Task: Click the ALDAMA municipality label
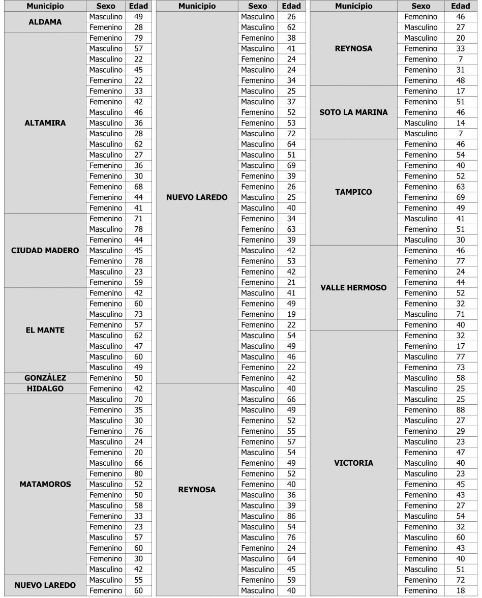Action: click(45, 22)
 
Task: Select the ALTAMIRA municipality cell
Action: click(45, 123)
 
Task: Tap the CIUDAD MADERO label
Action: click(45, 251)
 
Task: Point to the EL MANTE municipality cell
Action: click(45, 330)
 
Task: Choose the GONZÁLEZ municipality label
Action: click(45, 378)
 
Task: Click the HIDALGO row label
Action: click(45, 388)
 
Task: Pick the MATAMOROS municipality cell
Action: click(45, 484)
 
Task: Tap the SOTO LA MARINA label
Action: click(353, 112)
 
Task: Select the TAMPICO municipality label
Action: click(353, 192)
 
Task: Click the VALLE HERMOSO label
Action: click(353, 288)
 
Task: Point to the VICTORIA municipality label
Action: click(353, 463)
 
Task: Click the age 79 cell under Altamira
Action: click(138, 38)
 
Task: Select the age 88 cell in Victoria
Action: click(461, 410)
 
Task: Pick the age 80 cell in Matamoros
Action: click(138, 473)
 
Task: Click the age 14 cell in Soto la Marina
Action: click(461, 123)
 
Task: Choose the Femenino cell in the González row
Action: click(106, 378)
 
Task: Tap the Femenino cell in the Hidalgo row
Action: click(106, 388)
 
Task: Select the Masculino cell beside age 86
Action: click(257, 516)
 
